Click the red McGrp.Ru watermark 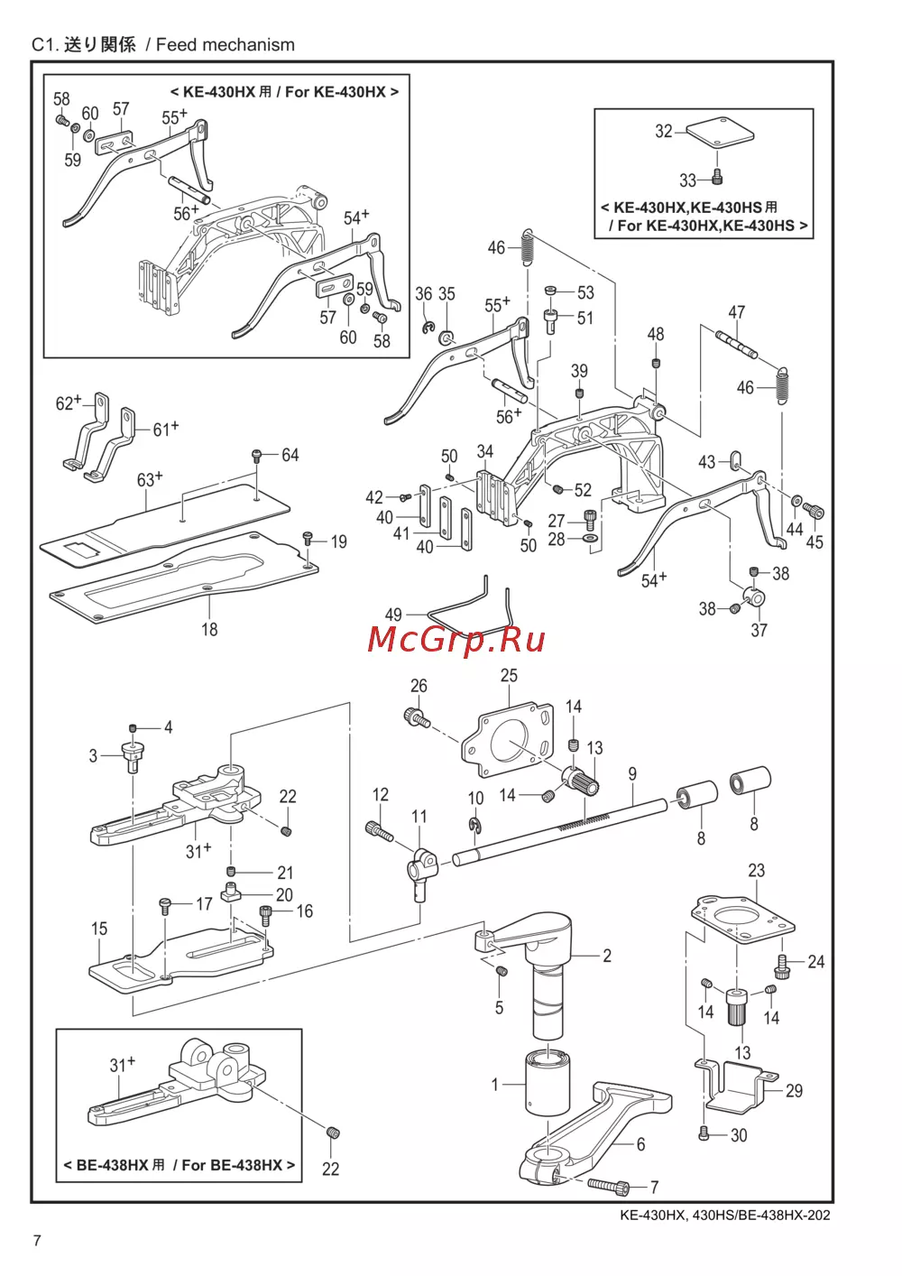coord(456,640)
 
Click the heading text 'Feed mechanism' coord(225,44)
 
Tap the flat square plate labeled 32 coord(719,133)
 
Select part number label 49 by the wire coord(393,615)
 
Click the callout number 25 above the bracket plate coord(509,675)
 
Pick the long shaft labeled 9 coord(559,826)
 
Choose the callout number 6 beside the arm coord(640,1144)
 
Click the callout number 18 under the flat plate coord(209,629)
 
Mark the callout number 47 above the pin coord(737,312)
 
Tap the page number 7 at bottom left coord(37,1240)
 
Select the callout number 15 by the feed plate coord(99,929)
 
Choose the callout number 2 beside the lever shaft coord(607,955)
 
